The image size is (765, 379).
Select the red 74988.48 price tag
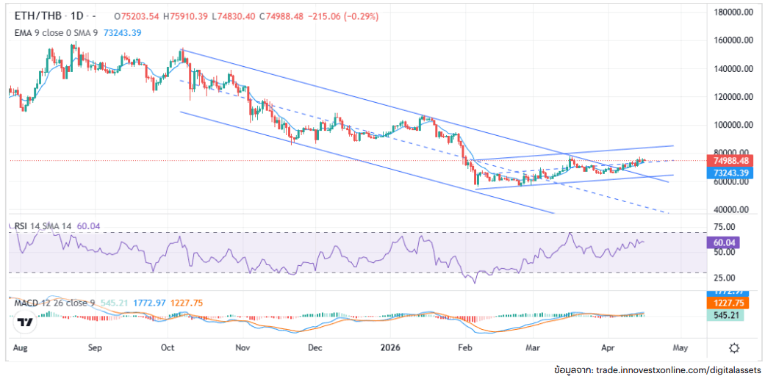[x=731, y=161]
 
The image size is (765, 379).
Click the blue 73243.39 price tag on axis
[x=731, y=173]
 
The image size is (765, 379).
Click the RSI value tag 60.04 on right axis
[x=727, y=242]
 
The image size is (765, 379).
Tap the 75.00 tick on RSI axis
[x=727, y=226]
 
